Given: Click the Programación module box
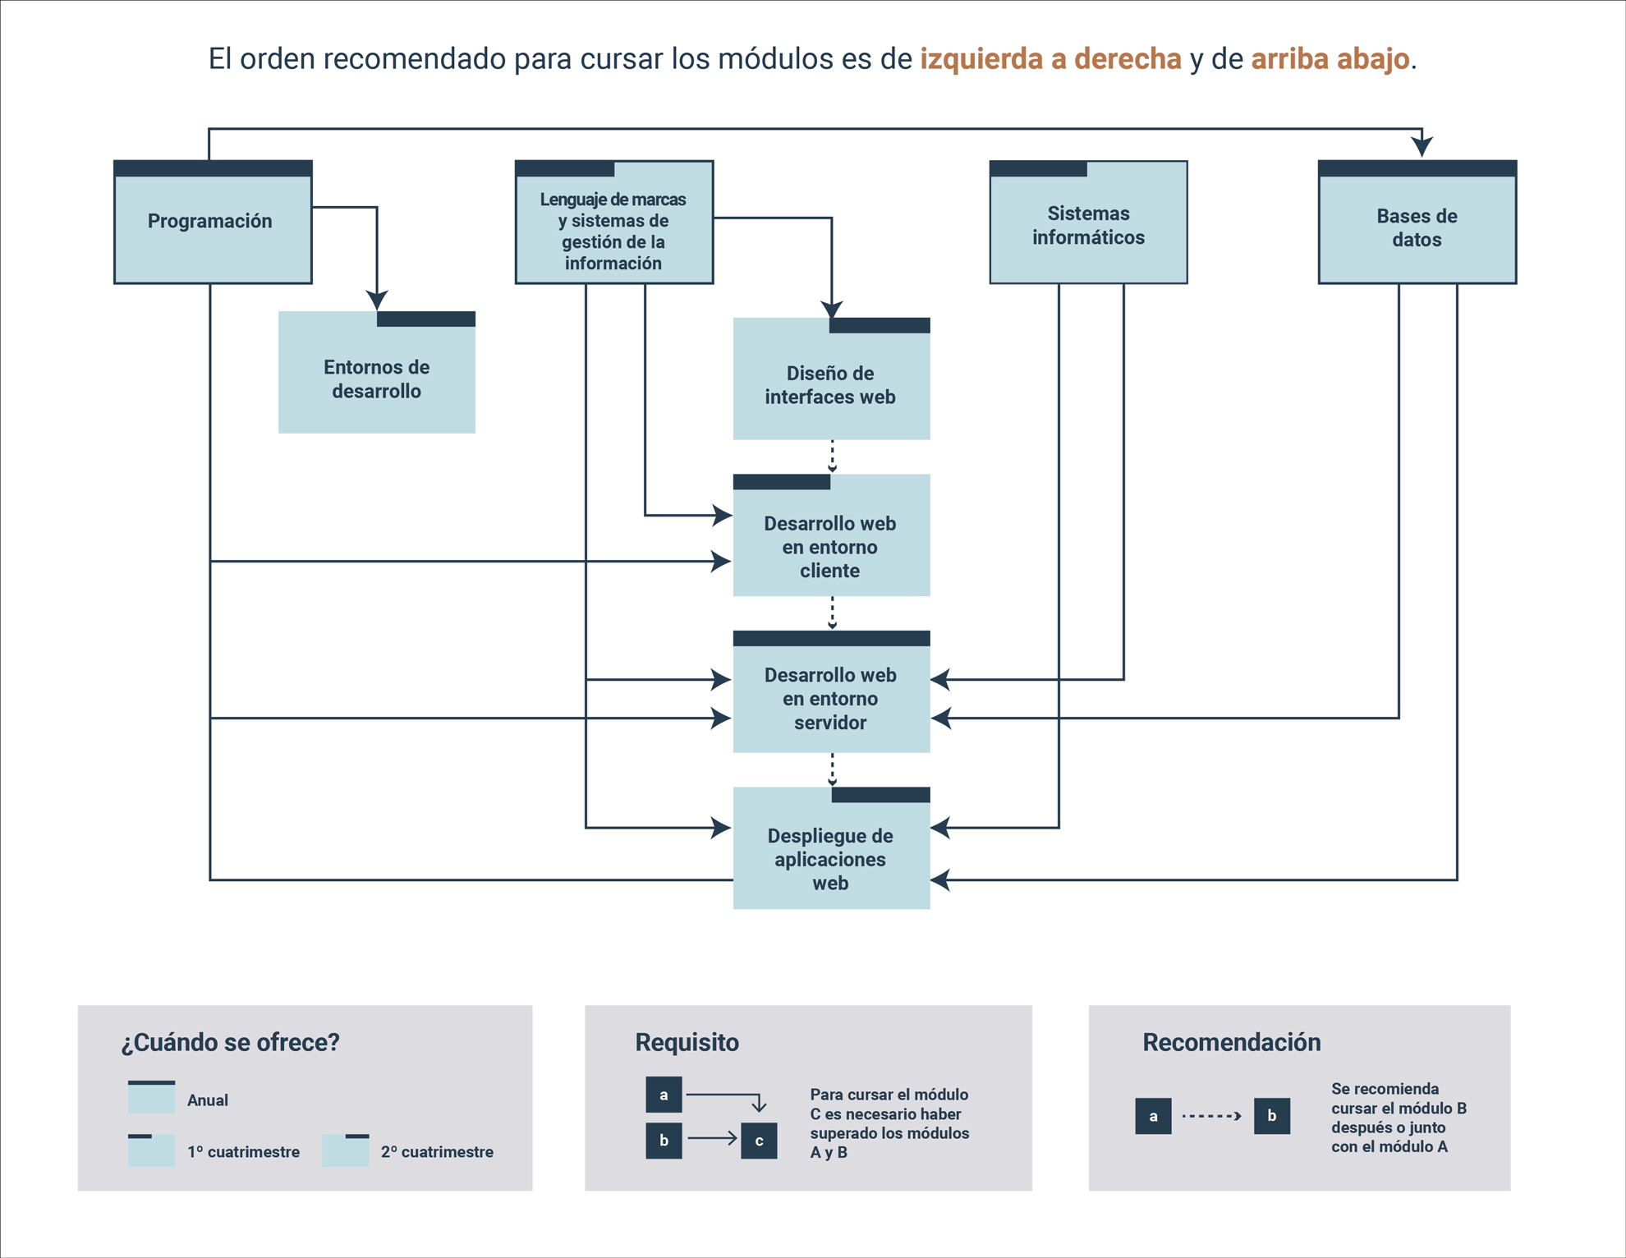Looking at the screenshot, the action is tap(213, 222).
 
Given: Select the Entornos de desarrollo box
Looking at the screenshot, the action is tap(377, 372).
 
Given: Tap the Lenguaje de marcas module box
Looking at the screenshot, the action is tap(614, 222).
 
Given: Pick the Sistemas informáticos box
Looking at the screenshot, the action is tap(1088, 222).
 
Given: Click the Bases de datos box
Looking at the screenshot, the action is tap(1417, 222).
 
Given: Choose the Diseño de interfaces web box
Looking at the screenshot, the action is tap(832, 379).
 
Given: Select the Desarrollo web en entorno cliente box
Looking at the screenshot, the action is tap(832, 535).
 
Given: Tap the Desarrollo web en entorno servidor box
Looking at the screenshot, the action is tap(832, 691).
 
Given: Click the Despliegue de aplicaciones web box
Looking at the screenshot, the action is tap(832, 848).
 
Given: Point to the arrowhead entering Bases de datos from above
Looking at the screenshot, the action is tap(1422, 147).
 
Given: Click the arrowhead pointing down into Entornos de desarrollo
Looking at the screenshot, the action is tap(377, 300).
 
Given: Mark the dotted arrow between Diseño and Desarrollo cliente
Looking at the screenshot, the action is tap(832, 457).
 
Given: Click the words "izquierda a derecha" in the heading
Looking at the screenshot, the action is tap(1050, 59).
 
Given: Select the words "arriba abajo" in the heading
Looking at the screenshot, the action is tap(1330, 59).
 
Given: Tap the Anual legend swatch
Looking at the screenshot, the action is tap(151, 1097).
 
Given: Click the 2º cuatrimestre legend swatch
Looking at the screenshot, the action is tap(345, 1150).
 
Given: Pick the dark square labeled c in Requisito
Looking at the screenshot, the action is tap(759, 1141).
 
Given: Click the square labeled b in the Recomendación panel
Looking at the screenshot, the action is tap(1272, 1116).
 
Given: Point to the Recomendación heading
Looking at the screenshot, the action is tap(1232, 1042).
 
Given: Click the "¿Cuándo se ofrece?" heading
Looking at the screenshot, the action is tap(230, 1042).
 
